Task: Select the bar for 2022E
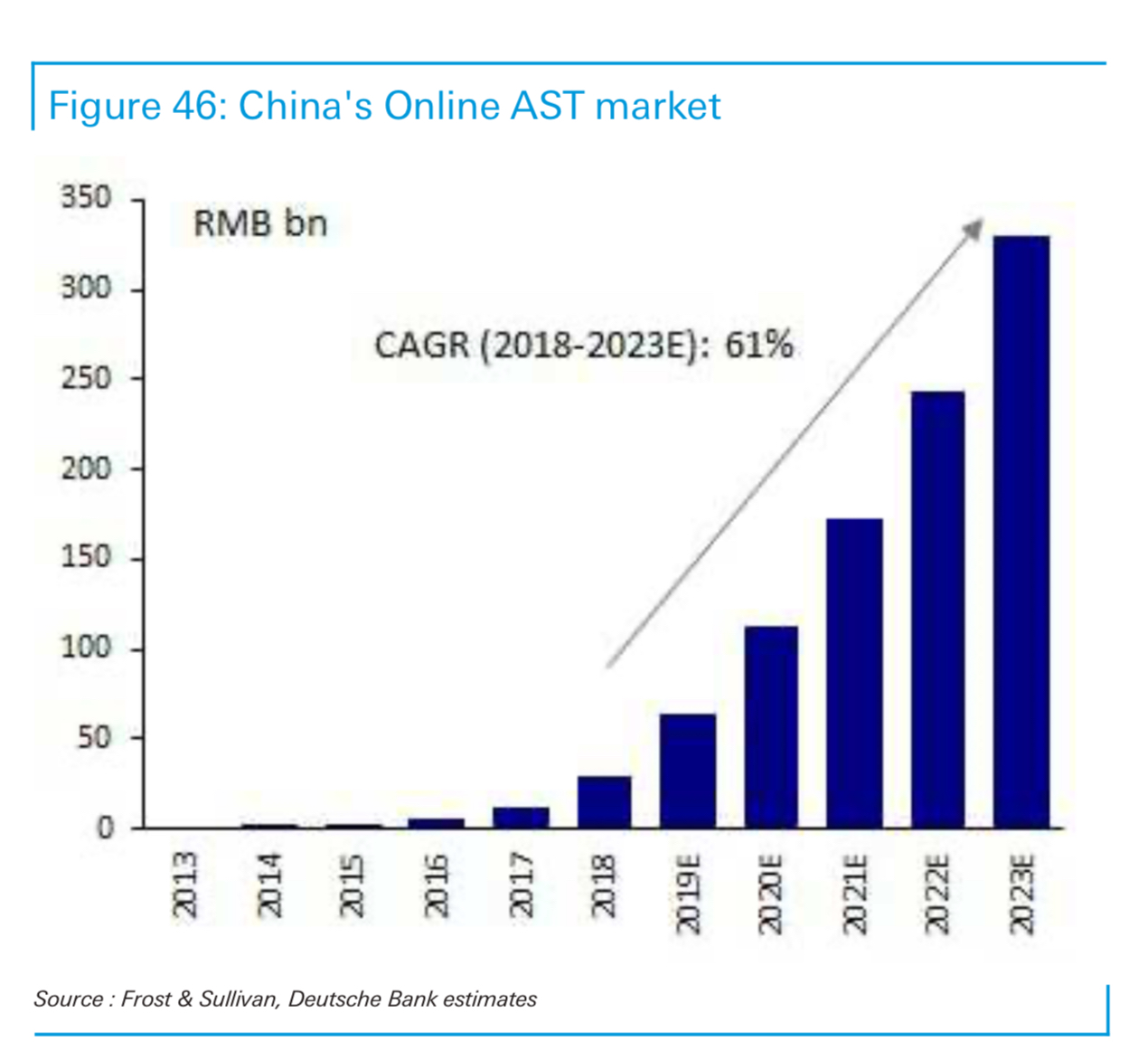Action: click(x=937, y=610)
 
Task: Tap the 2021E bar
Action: click(x=854, y=673)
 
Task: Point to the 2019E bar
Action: click(x=688, y=771)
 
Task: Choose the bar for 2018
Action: click(x=604, y=801)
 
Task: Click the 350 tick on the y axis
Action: click(x=86, y=197)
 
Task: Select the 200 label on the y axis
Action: click(x=86, y=468)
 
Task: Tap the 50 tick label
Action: click(x=93, y=737)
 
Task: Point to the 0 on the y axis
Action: click(x=106, y=828)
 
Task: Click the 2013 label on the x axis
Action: click(x=184, y=884)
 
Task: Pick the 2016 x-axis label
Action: click(x=436, y=884)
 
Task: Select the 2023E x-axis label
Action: click(x=1021, y=894)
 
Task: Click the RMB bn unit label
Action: click(x=260, y=223)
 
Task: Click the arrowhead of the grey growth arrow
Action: click(x=974, y=227)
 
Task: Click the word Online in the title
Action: click(x=441, y=106)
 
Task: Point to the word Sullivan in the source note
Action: click(x=240, y=999)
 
